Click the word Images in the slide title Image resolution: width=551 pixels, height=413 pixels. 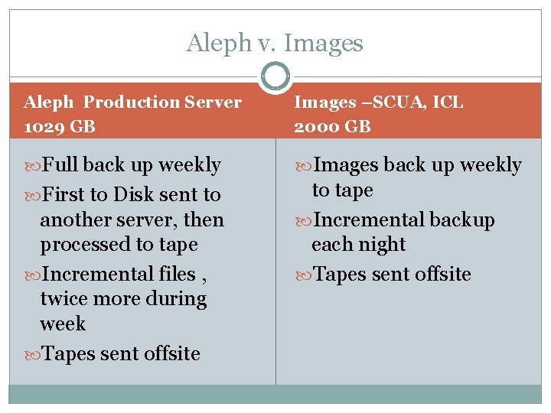324,43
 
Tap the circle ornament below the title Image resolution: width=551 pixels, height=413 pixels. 275,76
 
